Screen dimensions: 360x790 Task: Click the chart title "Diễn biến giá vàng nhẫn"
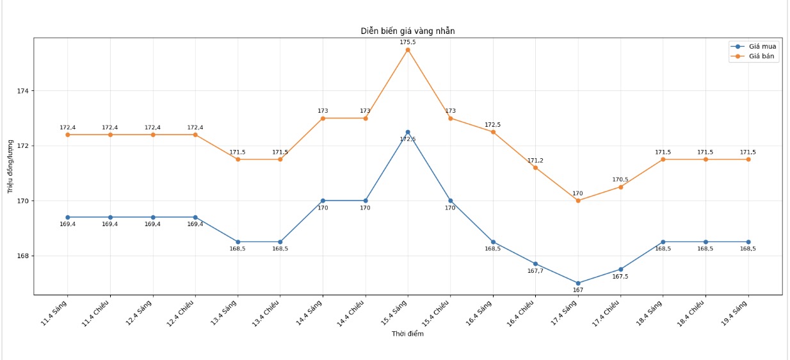coord(408,31)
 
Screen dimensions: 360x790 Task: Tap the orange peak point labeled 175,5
coord(408,49)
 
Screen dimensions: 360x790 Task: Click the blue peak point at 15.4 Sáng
coord(408,132)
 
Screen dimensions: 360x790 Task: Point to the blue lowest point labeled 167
coord(578,283)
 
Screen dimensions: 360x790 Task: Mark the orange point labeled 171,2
coord(535,167)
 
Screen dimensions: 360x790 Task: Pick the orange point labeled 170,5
coord(620,186)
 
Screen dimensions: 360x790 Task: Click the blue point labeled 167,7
coord(535,264)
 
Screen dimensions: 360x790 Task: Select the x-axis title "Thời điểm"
coord(408,334)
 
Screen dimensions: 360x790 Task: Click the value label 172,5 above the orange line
coord(493,125)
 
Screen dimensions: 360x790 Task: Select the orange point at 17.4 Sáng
coord(578,200)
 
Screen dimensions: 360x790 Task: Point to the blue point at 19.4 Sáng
coord(748,242)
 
